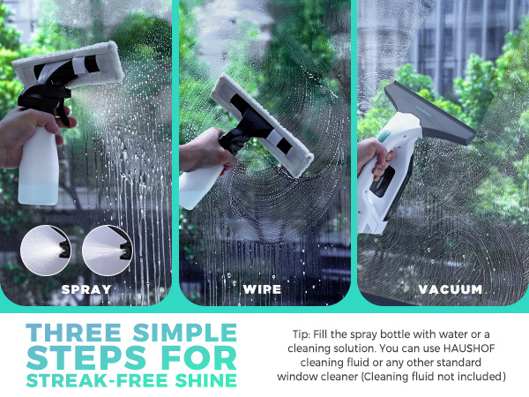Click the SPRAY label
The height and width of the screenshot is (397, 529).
click(x=86, y=288)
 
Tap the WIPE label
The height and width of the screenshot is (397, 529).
click(x=264, y=288)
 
